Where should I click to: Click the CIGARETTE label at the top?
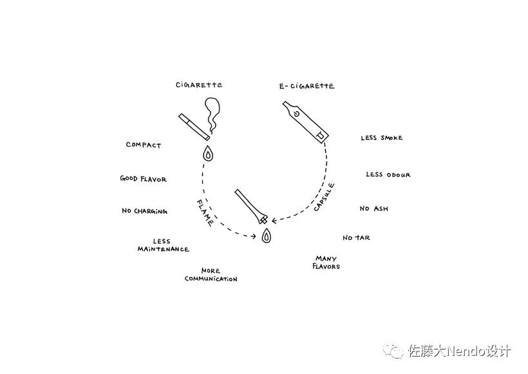point(199,84)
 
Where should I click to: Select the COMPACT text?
point(143,145)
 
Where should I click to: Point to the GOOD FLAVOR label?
point(143,179)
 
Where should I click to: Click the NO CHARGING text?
point(144,211)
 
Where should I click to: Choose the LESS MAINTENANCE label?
point(163,245)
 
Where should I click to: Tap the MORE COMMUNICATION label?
point(211,275)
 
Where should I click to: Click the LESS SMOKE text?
point(381,138)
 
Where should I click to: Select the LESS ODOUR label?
point(388,175)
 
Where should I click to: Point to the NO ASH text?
point(373,209)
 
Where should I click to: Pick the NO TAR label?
point(356,238)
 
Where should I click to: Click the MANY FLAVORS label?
point(326,262)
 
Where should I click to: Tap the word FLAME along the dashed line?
point(205,212)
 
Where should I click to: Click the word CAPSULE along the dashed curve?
point(324,197)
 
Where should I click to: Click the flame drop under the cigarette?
point(208,154)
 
